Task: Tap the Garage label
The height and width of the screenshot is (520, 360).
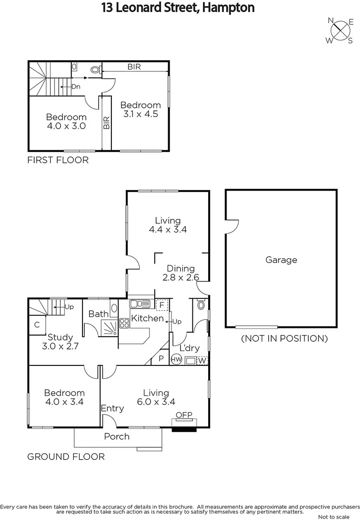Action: [281, 260]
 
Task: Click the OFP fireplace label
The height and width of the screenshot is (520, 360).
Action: [184, 415]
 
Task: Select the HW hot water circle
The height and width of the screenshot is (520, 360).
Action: [176, 359]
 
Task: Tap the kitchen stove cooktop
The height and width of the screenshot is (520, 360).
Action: [124, 323]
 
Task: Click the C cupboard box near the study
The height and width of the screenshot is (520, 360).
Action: [37, 325]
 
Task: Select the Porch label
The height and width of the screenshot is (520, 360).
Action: [117, 436]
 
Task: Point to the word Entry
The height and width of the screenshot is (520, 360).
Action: [112, 408]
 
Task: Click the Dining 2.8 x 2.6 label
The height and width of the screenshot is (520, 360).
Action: [181, 273]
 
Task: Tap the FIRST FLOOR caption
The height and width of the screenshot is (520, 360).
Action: [58, 160]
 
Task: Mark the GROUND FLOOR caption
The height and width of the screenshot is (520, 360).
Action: [66, 456]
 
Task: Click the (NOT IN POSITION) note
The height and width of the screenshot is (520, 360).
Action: [284, 338]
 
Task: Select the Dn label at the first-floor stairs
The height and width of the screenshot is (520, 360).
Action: [76, 87]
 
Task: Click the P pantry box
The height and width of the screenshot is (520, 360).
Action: [160, 359]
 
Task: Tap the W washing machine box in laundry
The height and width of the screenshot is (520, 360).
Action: [202, 360]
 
